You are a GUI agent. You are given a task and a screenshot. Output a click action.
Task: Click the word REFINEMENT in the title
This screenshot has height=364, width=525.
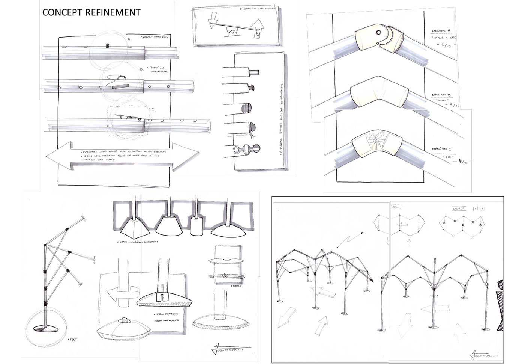click(113, 12)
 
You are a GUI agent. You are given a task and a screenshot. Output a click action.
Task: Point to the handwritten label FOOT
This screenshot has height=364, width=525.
click(72, 339)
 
